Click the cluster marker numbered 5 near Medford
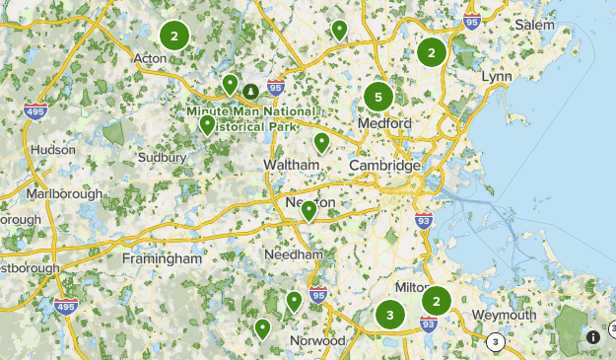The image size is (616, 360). [377, 97]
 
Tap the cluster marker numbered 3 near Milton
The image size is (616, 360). [390, 316]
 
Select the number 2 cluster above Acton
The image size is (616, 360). [174, 36]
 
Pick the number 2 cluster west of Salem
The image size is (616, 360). [431, 51]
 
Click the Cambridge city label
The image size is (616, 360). [384, 166]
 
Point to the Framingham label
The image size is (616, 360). [162, 258]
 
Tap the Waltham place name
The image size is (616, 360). [293, 164]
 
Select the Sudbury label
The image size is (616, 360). [162, 157]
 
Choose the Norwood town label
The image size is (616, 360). [317, 340]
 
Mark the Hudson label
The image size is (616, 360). [53, 149]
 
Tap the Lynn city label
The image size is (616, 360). [498, 76]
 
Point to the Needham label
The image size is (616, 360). [294, 253]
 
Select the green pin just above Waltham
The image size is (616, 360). [321, 143]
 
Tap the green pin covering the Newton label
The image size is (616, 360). [308, 210]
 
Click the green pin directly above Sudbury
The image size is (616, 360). [207, 124]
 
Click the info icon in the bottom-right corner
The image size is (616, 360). [593, 336]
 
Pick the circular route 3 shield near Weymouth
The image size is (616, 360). [495, 341]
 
